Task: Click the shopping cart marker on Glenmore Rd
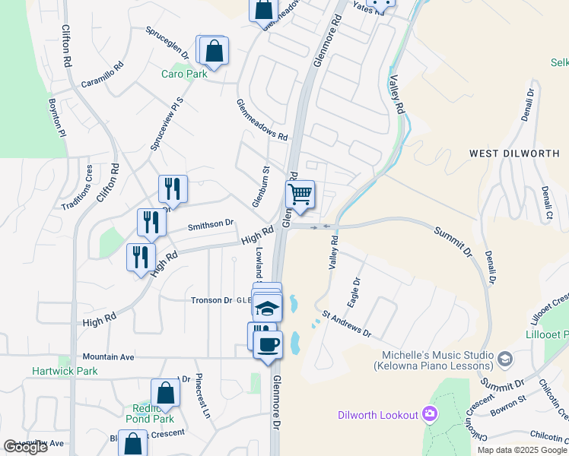pyautogui.click(x=300, y=195)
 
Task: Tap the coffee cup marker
pyautogui.click(x=267, y=345)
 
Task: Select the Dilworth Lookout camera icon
pyautogui.click(x=430, y=414)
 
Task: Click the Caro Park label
pyautogui.click(x=178, y=74)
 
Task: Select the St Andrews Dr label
pyautogui.click(x=345, y=322)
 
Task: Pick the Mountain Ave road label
pyautogui.click(x=108, y=356)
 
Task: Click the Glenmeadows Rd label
pyautogui.click(x=262, y=121)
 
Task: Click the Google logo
pyautogui.click(x=25, y=447)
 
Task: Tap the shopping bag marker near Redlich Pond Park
pyautogui.click(x=165, y=394)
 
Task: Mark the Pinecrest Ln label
pyautogui.click(x=202, y=396)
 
